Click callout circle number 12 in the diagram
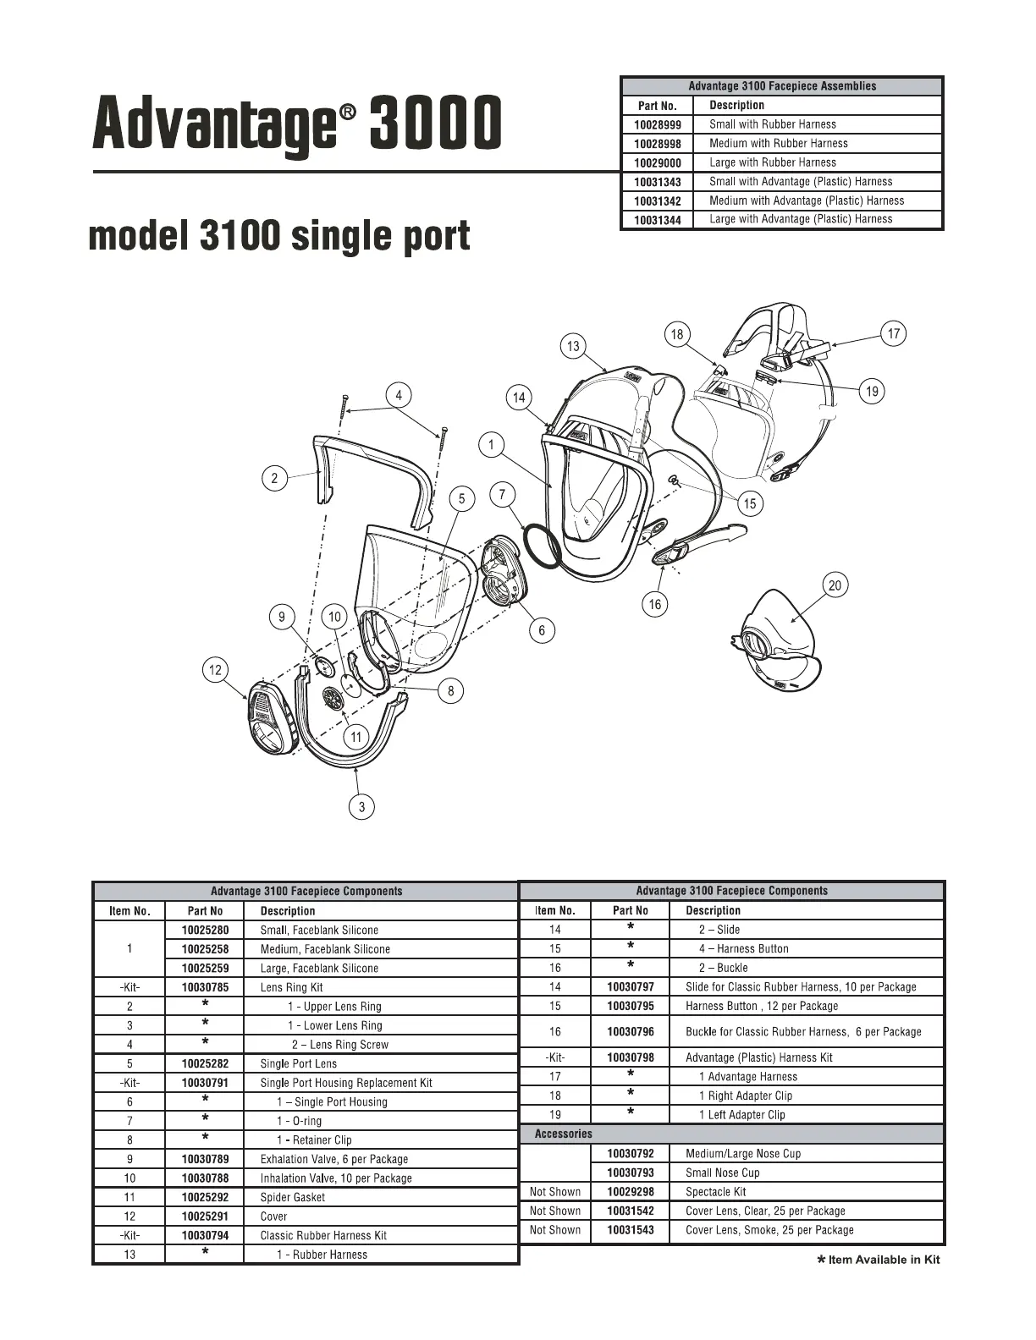[x=215, y=671]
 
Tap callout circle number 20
[x=835, y=585]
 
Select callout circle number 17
[x=894, y=333]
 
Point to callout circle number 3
[x=361, y=806]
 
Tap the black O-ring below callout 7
[x=542, y=546]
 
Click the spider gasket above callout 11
[x=333, y=698]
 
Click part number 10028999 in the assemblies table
[x=657, y=124]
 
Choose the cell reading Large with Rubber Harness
[x=772, y=162]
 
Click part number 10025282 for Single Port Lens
[x=205, y=1063]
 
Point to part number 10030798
[x=630, y=1057]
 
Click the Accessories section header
[x=564, y=1134]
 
